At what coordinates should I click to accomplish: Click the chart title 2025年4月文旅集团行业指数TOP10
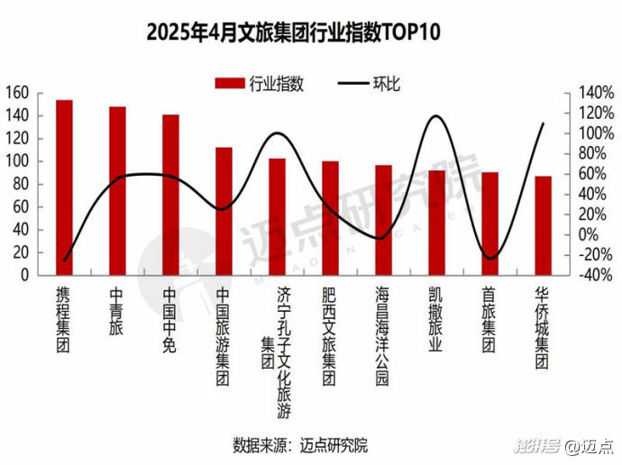(294, 33)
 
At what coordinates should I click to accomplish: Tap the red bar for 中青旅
(117, 191)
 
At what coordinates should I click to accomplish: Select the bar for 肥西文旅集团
(330, 219)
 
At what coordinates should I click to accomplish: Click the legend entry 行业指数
(261, 84)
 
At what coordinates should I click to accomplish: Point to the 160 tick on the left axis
(17, 93)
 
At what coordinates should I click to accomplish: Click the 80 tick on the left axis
(22, 184)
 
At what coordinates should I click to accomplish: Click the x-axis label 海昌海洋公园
(383, 336)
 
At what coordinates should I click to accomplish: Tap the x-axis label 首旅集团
(489, 321)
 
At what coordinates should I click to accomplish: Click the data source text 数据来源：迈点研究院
(300, 445)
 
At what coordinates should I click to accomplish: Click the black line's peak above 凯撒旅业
(437, 115)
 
